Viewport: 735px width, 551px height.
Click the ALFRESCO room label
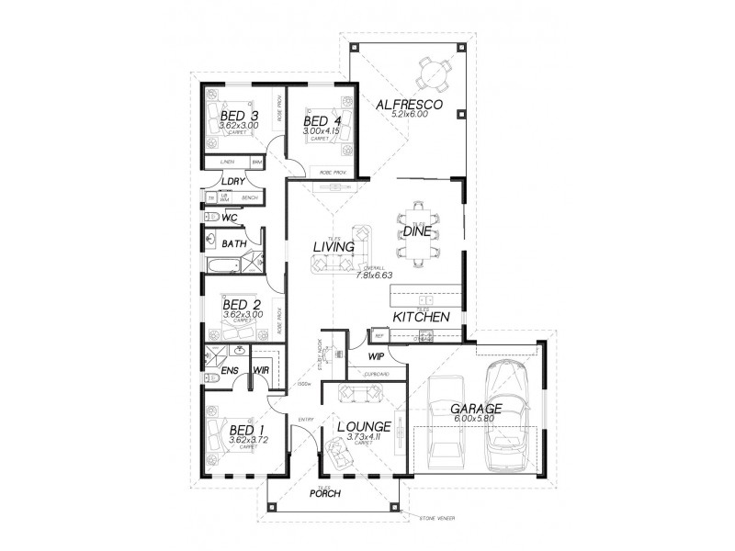pos(410,106)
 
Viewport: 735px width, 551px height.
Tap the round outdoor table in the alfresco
pos(430,71)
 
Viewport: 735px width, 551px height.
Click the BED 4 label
pos(322,121)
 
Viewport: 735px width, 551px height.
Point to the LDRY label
pos(232,181)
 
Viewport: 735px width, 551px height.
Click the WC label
pos(230,218)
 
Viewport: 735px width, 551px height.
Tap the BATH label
pos(233,244)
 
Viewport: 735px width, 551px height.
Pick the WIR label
pos(261,371)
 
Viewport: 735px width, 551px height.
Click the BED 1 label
pos(246,430)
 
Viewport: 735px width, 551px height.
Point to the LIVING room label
pos(334,246)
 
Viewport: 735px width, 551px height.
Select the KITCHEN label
pos(421,317)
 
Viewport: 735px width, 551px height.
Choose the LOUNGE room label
pos(364,427)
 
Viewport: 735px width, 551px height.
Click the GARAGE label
pos(475,408)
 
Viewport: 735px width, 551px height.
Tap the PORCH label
pos(324,494)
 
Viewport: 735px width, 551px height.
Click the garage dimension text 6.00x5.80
pos(475,420)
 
